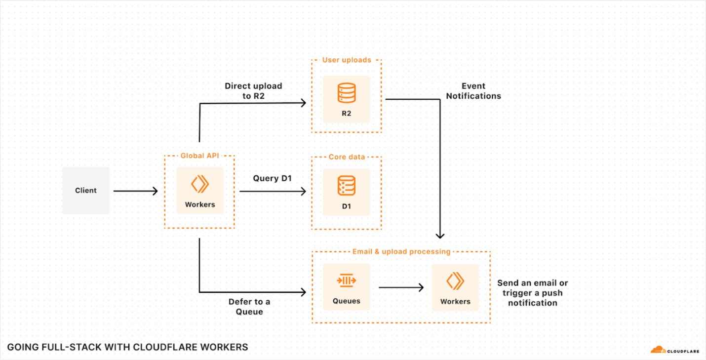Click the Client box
[x=85, y=190]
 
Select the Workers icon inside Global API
[x=200, y=184]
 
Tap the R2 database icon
[x=346, y=93]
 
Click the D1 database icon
[x=346, y=186]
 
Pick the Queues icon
[x=346, y=280]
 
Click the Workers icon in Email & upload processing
[x=455, y=281]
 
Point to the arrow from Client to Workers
[x=135, y=191]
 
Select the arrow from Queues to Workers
[x=401, y=287]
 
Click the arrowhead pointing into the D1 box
[x=303, y=191]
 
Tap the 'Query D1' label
[x=272, y=178]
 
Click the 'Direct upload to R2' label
[x=253, y=91]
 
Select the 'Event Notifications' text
[x=473, y=91]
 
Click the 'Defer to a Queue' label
[x=249, y=307]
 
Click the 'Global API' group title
[x=199, y=156]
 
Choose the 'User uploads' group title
[x=347, y=60]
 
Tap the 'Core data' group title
[x=347, y=157]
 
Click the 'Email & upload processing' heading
[x=401, y=251]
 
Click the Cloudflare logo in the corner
[x=674, y=350]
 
